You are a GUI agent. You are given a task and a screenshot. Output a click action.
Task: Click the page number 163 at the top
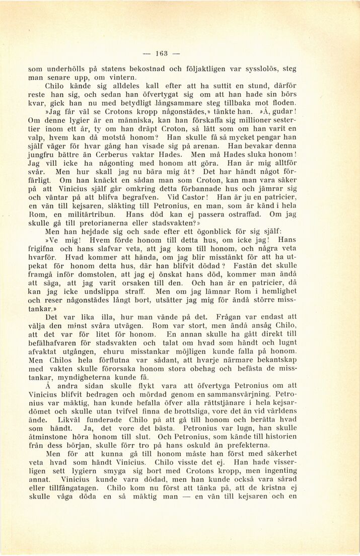coord(161,53)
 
